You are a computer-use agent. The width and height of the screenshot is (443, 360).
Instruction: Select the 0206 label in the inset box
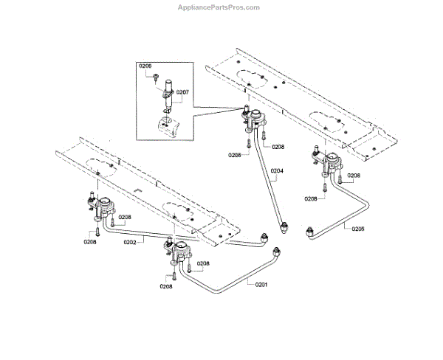145,66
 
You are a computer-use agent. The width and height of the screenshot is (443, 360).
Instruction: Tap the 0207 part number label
182,92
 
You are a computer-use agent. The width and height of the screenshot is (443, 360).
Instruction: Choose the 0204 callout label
277,173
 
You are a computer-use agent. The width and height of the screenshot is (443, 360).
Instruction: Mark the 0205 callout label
357,229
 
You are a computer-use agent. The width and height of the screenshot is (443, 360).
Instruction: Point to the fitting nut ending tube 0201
276,251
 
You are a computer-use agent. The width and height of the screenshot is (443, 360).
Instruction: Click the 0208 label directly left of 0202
90,241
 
